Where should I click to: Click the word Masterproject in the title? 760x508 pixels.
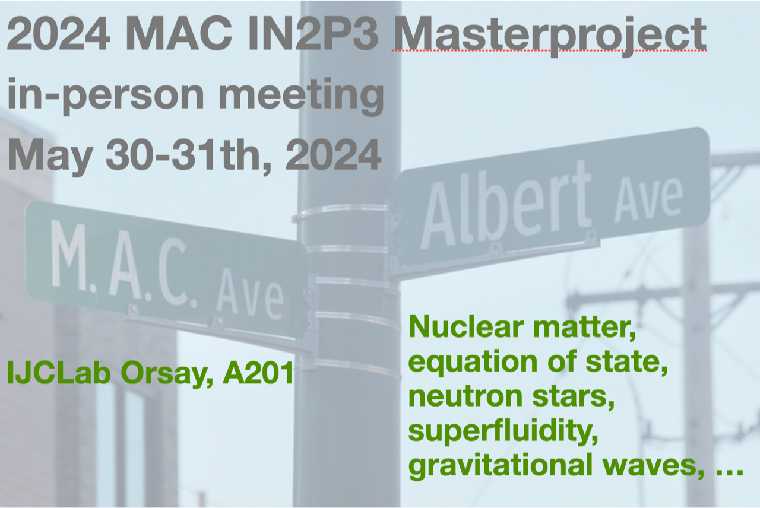coord(549,36)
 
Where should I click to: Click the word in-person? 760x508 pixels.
coord(106,94)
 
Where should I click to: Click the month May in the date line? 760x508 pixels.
coord(50,156)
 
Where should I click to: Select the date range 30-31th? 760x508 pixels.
coord(189,155)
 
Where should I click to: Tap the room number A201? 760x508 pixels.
coord(258,373)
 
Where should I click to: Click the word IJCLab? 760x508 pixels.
coord(59,373)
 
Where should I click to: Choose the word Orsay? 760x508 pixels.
coord(167,374)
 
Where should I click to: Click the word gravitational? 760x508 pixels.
coord(501,466)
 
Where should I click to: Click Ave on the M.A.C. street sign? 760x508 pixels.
coord(250,297)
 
